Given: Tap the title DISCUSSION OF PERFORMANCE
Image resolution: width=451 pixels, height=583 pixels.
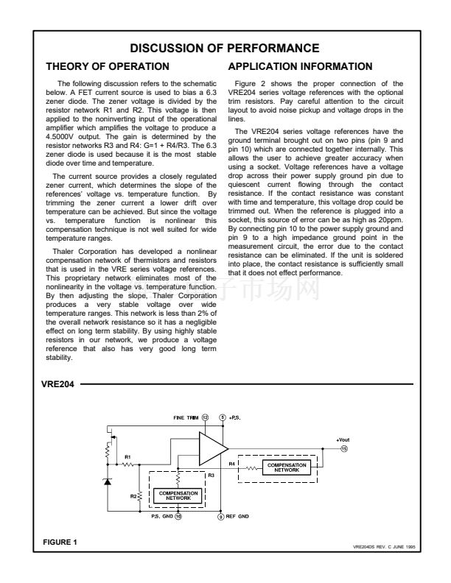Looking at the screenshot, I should click(x=225, y=49).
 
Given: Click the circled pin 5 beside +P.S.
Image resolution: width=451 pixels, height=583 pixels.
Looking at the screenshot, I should click(x=222, y=417).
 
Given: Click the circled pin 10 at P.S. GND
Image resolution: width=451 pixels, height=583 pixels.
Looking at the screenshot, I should click(x=178, y=517).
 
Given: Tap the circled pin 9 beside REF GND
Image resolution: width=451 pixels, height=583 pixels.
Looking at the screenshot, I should click(x=220, y=517).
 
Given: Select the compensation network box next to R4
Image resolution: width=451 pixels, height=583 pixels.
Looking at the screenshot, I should click(x=287, y=467).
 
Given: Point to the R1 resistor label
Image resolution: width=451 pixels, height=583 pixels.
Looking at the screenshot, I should click(x=127, y=457).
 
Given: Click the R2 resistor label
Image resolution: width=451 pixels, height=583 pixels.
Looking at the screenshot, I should click(x=133, y=496).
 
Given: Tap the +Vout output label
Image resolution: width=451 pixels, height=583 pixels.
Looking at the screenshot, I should click(x=343, y=438).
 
